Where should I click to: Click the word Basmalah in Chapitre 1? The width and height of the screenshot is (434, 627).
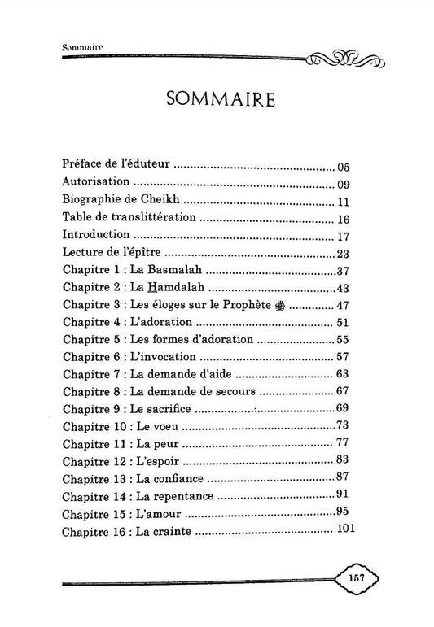[x=186, y=272]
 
